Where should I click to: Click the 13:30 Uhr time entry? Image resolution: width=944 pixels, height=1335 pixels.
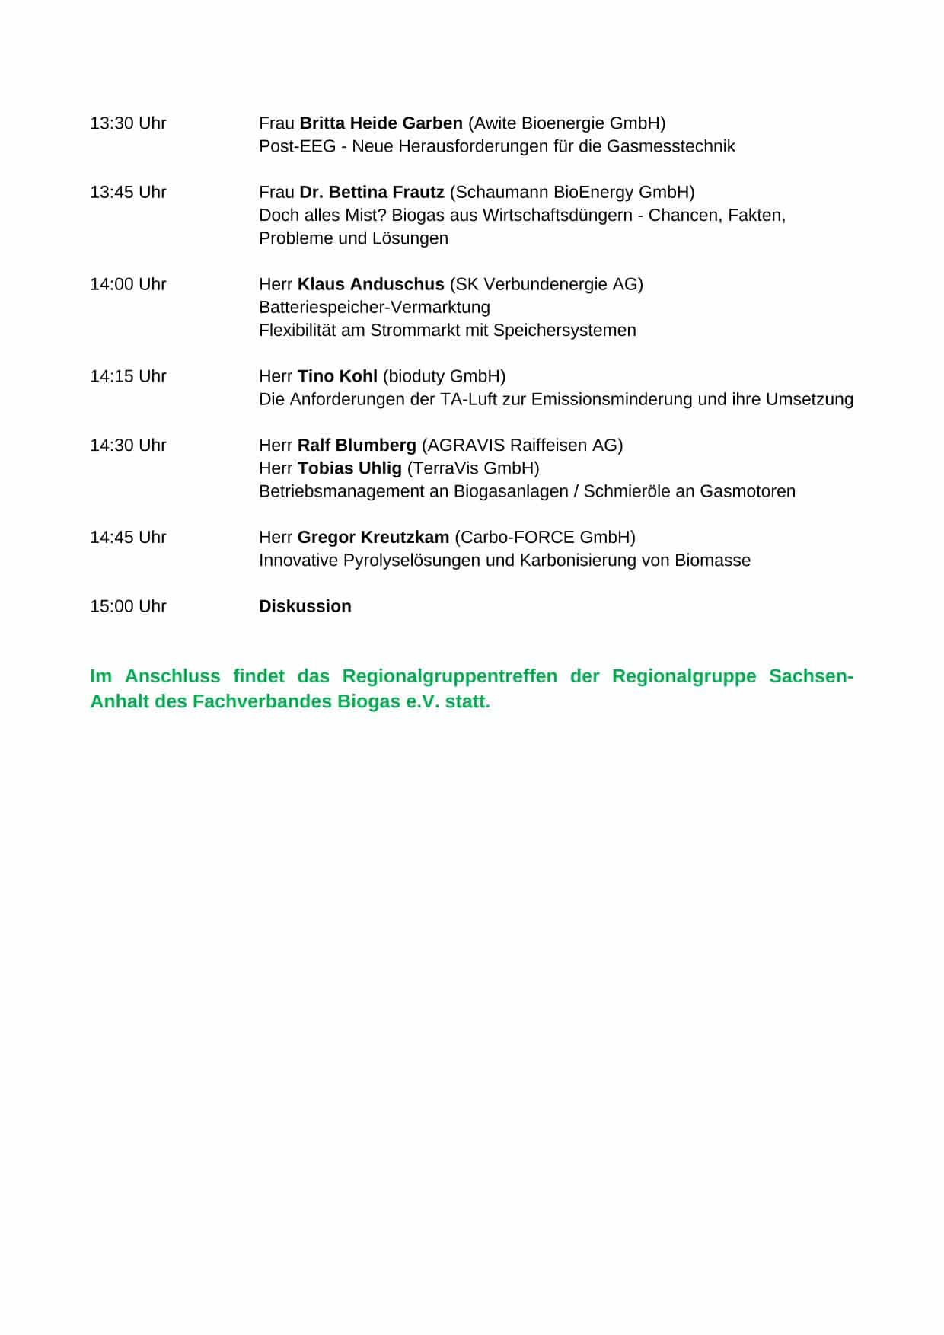point(128,123)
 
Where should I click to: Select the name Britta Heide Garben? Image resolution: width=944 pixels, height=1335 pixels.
point(381,123)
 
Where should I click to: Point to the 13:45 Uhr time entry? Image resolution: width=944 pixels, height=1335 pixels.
point(128,193)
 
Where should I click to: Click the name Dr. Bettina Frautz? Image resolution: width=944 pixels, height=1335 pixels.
point(372,193)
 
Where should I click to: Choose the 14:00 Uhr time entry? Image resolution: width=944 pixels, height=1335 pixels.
point(128,285)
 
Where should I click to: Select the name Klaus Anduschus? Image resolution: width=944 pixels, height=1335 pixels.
point(371,285)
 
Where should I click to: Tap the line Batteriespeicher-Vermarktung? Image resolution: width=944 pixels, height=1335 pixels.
point(375,308)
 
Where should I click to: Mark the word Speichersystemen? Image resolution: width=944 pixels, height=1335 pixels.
point(565,331)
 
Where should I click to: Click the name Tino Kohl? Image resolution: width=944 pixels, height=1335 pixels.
point(337,377)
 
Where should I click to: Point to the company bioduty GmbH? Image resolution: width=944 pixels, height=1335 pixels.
point(444,377)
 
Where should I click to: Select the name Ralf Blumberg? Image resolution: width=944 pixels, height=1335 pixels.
point(357,446)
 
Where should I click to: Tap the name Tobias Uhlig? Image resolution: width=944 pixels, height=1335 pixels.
point(349,468)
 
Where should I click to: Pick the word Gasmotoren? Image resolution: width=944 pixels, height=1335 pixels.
point(748,491)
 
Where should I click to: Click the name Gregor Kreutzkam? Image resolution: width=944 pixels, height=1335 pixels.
point(373,538)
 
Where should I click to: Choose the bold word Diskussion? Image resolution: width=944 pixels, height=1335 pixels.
point(305,607)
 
